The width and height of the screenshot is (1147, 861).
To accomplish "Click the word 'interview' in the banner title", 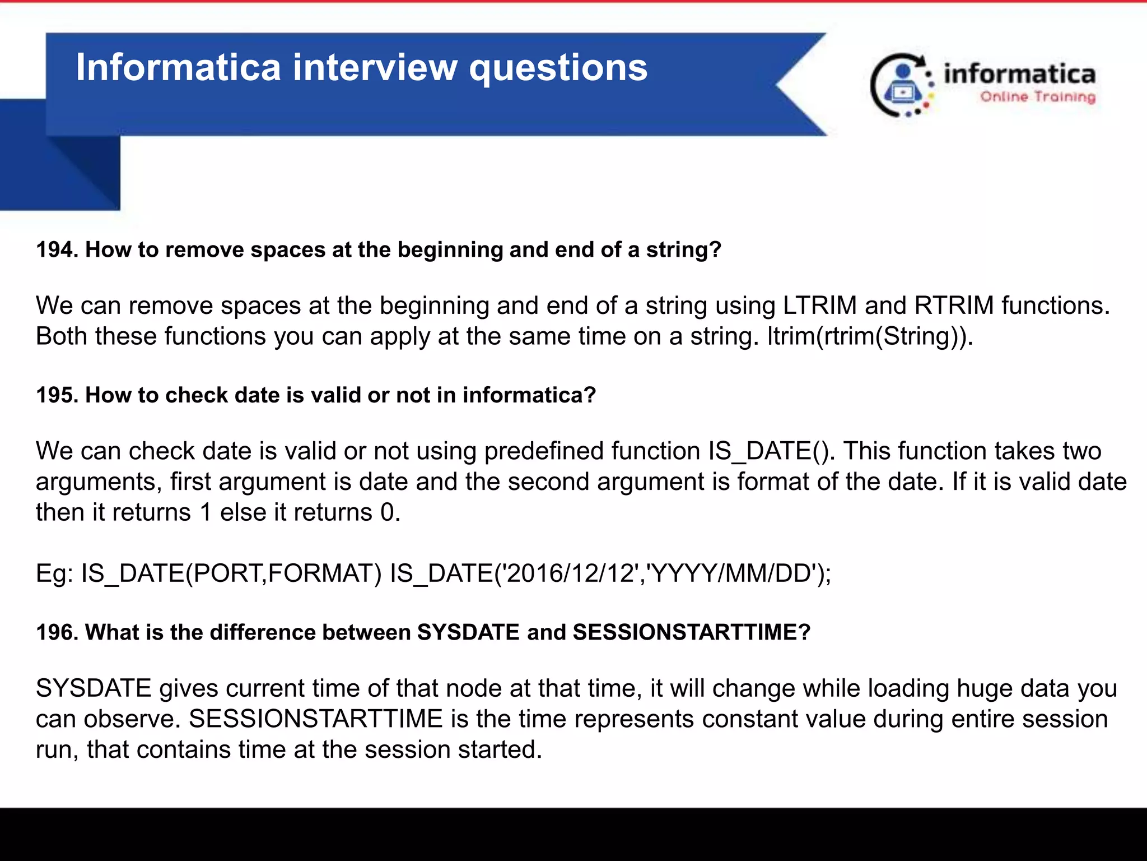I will click(375, 68).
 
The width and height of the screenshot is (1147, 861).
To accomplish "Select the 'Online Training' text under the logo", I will click(1037, 97).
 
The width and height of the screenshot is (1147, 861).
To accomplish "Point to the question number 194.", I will click(57, 250).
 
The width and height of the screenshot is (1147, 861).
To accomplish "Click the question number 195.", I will click(57, 395).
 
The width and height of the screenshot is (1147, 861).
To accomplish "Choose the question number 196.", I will click(57, 632).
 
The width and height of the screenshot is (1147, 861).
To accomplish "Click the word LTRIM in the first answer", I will click(819, 306).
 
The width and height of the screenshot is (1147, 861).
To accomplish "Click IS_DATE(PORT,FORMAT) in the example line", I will click(231, 573).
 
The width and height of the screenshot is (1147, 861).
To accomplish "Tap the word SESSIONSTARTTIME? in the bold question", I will click(691, 632).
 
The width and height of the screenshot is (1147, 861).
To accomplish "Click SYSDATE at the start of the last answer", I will click(94, 688).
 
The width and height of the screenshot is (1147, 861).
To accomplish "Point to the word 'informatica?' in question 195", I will click(529, 395).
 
